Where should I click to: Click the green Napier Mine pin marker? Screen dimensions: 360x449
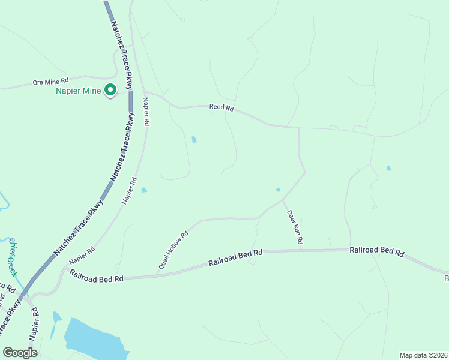(110, 90)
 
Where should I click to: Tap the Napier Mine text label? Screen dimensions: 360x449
(79, 91)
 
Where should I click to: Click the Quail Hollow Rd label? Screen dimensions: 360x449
(173, 249)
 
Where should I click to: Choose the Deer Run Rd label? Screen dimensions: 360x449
(294, 226)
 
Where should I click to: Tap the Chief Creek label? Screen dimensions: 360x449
(15, 257)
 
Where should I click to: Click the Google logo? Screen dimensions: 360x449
(20, 352)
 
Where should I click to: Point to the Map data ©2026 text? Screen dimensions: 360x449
(423, 355)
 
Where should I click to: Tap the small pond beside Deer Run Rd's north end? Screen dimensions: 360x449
(278, 190)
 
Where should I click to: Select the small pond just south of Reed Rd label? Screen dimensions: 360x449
(194, 140)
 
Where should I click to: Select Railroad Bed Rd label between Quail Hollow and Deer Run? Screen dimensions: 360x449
(236, 258)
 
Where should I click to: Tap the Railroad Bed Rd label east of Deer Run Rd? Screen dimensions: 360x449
(377, 251)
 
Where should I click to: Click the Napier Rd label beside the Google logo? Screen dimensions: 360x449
(34, 325)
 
